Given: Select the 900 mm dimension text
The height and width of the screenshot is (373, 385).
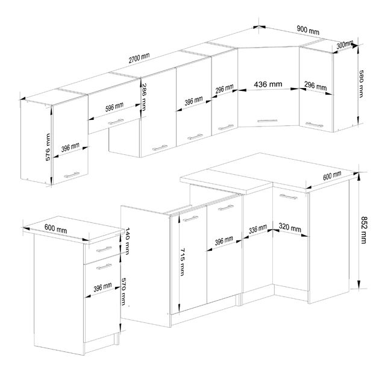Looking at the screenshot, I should tap(308, 30).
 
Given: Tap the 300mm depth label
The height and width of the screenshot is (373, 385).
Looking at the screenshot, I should tap(345, 45).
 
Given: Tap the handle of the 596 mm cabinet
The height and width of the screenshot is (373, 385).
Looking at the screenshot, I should tap(111, 123).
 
